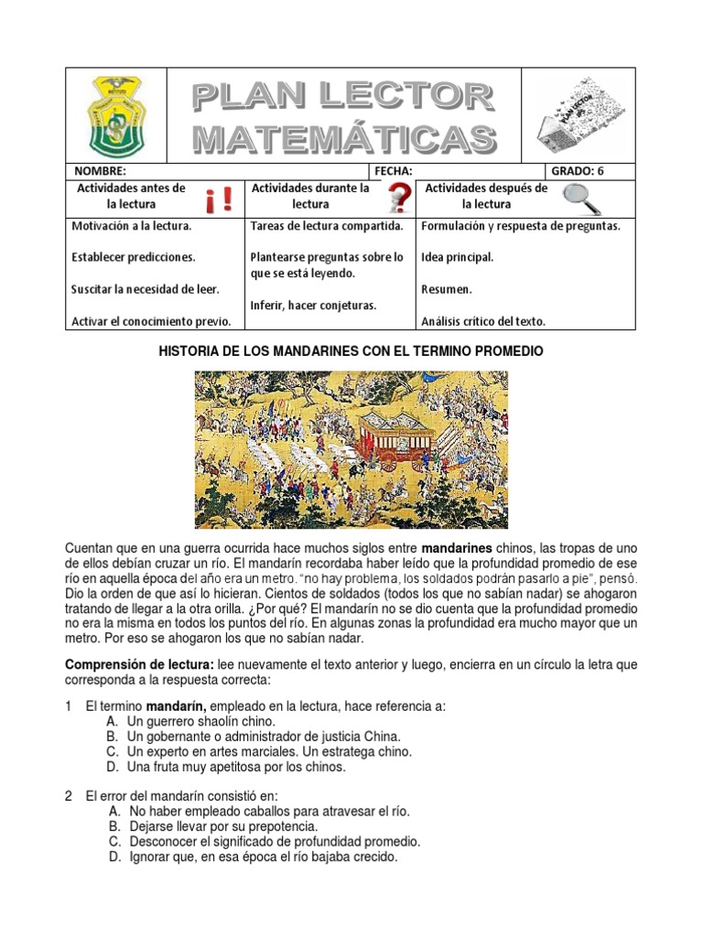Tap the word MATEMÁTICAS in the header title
point(343,138)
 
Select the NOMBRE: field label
point(94,171)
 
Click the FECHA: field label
point(394,171)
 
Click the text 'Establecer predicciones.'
point(134,257)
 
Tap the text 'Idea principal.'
point(457,257)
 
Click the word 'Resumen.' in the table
point(447,289)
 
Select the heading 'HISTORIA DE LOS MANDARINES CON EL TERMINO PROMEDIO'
point(351,351)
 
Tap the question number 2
point(69,796)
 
